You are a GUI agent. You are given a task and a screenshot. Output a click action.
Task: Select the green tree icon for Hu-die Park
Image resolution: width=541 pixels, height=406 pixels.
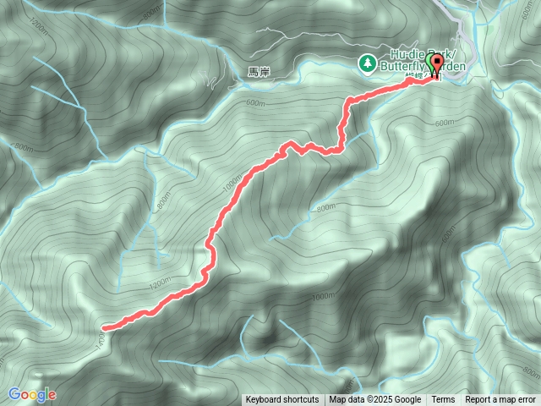tap(368, 63)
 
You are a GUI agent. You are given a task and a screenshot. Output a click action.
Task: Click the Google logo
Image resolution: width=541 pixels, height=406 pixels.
tap(32, 394)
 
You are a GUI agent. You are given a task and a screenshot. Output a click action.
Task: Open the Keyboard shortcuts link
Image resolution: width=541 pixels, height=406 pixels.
tap(282, 400)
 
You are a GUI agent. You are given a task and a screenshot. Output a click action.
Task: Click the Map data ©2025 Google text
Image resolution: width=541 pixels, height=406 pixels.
tap(375, 400)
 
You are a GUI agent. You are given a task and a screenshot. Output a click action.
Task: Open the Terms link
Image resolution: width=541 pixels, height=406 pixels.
tap(443, 400)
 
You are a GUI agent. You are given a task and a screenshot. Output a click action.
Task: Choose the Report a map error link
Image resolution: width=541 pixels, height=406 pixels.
tap(500, 400)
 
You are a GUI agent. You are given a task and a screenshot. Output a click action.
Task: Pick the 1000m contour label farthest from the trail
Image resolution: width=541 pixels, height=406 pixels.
tap(322, 298)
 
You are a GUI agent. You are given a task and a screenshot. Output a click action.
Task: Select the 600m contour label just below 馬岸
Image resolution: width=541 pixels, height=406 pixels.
tap(255, 103)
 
